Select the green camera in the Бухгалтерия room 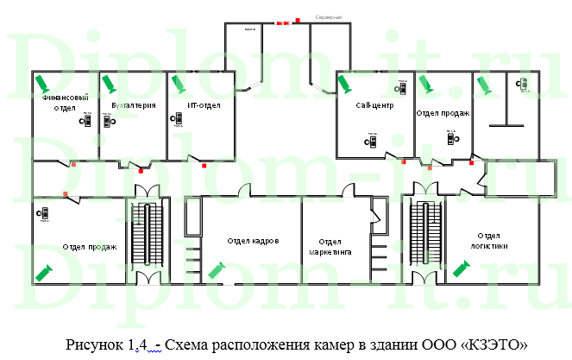(x=109, y=84)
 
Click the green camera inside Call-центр (x=344, y=84)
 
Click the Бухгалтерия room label (x=134, y=105)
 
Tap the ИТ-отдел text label (x=204, y=105)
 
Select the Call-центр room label (x=374, y=105)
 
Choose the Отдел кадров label (x=253, y=241)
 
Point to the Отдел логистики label (x=489, y=240)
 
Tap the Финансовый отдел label (x=66, y=103)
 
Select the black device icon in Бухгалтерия (x=107, y=121)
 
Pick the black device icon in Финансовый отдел (x=86, y=122)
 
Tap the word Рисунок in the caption (x=94, y=344)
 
